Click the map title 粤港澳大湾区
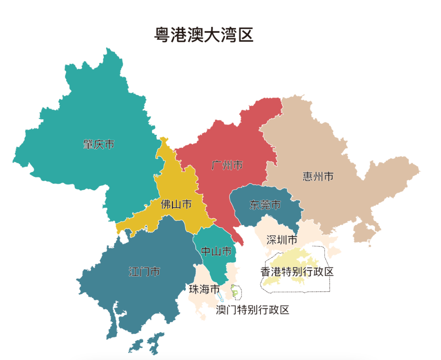tap(204, 35)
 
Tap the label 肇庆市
tap(98, 144)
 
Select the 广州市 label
tap(227, 165)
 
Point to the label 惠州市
tap(318, 176)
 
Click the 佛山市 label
tap(176, 204)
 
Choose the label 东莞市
tap(265, 205)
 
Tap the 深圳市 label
tap(282, 240)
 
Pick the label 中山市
tap(216, 251)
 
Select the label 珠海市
tap(205, 289)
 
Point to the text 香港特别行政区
tap(297, 271)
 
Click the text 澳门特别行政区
tap(252, 310)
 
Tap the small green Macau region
tap(235, 291)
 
